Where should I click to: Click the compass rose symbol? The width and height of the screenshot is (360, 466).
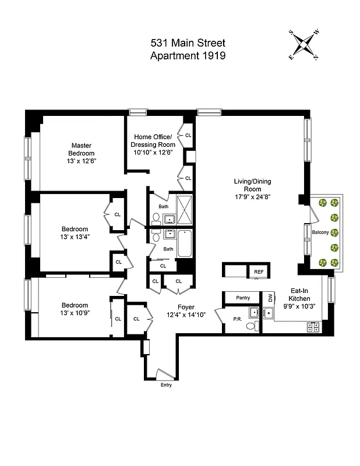[x=304, y=45]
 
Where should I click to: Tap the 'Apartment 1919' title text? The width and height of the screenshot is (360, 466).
[x=188, y=56]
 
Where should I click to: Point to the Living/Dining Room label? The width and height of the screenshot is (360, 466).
[x=249, y=189]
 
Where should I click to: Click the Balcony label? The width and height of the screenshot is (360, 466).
[x=320, y=232]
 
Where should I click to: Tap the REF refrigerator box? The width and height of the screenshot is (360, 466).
[x=257, y=271]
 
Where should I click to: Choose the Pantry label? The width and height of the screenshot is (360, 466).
[x=243, y=298]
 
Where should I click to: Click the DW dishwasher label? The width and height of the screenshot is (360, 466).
[x=270, y=298]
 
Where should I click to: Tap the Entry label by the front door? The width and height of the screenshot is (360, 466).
[x=165, y=385]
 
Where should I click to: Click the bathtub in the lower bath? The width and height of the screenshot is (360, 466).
[x=185, y=244]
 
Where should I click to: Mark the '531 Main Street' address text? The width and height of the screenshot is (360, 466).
[x=188, y=43]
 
